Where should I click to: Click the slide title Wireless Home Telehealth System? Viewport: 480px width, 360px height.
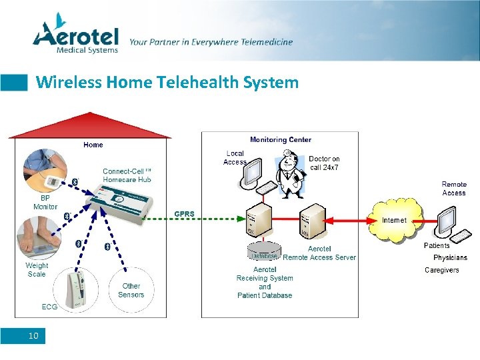click(167, 83)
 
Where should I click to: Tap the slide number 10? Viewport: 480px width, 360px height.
click(33, 336)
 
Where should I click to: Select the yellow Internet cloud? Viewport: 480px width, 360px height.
click(395, 219)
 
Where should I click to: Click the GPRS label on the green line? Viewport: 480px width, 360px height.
click(185, 214)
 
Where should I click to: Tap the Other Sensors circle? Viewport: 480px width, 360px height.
click(131, 291)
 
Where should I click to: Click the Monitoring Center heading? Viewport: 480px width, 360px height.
click(280, 140)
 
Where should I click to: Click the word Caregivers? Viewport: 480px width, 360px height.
click(442, 270)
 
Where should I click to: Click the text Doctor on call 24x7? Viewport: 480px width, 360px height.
click(324, 163)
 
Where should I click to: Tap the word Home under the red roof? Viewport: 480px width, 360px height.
click(93, 145)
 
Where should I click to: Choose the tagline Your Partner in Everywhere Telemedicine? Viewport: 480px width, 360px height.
click(211, 42)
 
